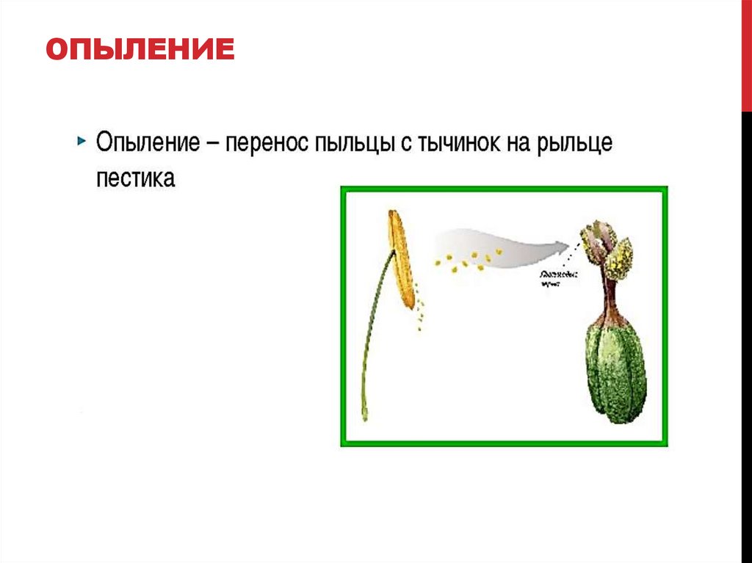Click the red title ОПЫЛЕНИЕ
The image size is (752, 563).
point(140,50)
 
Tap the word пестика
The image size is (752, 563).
point(135,178)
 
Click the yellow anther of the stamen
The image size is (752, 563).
point(400,257)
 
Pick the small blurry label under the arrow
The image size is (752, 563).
point(557,279)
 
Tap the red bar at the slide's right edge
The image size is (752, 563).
point(746,55)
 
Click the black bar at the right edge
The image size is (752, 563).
point(746,330)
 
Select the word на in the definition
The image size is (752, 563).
point(518,142)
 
